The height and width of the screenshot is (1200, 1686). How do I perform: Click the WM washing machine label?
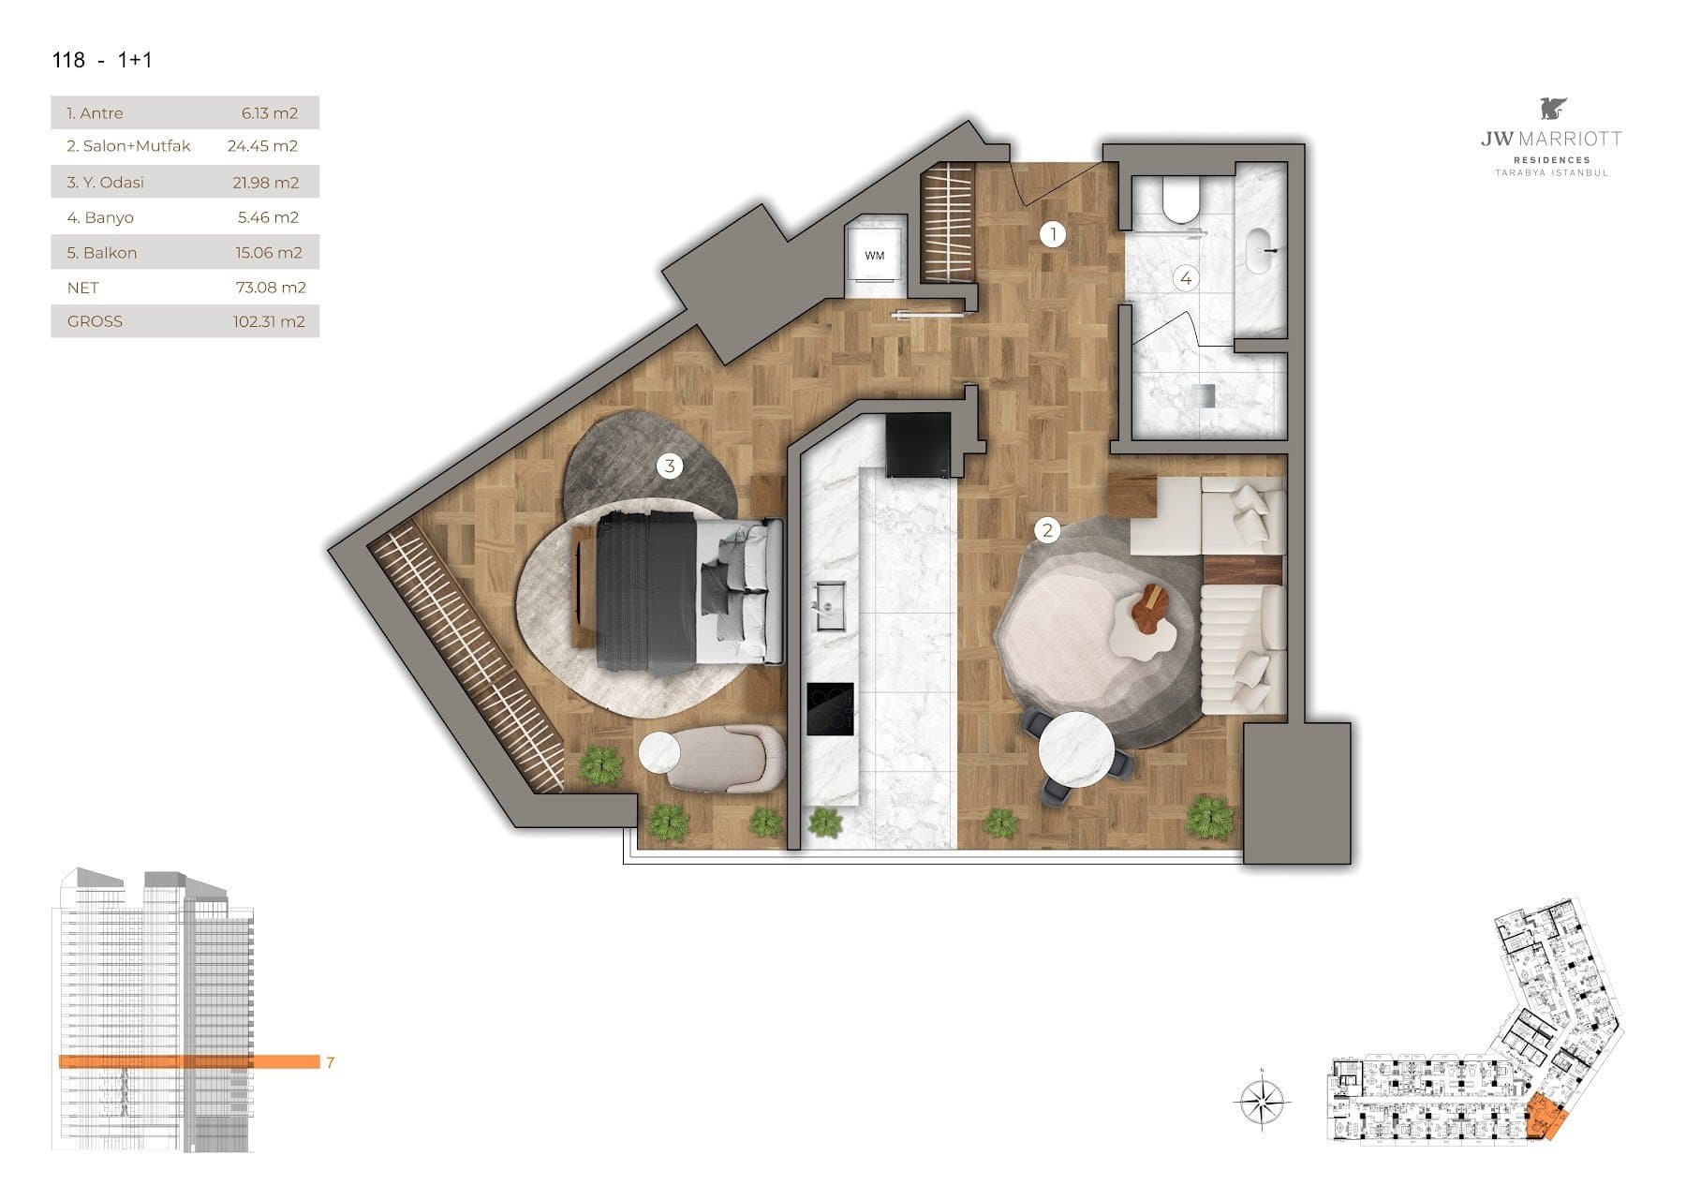coord(874,256)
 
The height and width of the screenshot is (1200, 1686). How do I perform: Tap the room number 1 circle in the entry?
coord(1053,234)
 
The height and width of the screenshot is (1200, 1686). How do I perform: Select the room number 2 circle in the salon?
coord(1047,530)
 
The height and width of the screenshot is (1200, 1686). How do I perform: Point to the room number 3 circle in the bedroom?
coord(670,466)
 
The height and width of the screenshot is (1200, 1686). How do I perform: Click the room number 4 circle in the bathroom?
coord(1186,278)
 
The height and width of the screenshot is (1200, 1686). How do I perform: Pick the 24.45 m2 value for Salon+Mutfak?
coord(262,146)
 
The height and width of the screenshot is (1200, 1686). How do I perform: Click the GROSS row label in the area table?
coord(95,321)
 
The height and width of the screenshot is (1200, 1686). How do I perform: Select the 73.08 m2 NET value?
coord(271,288)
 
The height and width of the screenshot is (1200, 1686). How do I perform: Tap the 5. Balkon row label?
coord(101,253)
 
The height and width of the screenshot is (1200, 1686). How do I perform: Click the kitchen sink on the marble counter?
coord(829,606)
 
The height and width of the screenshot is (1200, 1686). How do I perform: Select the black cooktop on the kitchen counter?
coord(831,709)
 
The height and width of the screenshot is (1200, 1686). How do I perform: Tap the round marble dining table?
coord(1076,753)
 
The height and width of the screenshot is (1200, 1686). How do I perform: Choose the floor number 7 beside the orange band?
coord(331,1062)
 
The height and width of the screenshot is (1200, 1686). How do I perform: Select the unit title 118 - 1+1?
coord(102,60)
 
